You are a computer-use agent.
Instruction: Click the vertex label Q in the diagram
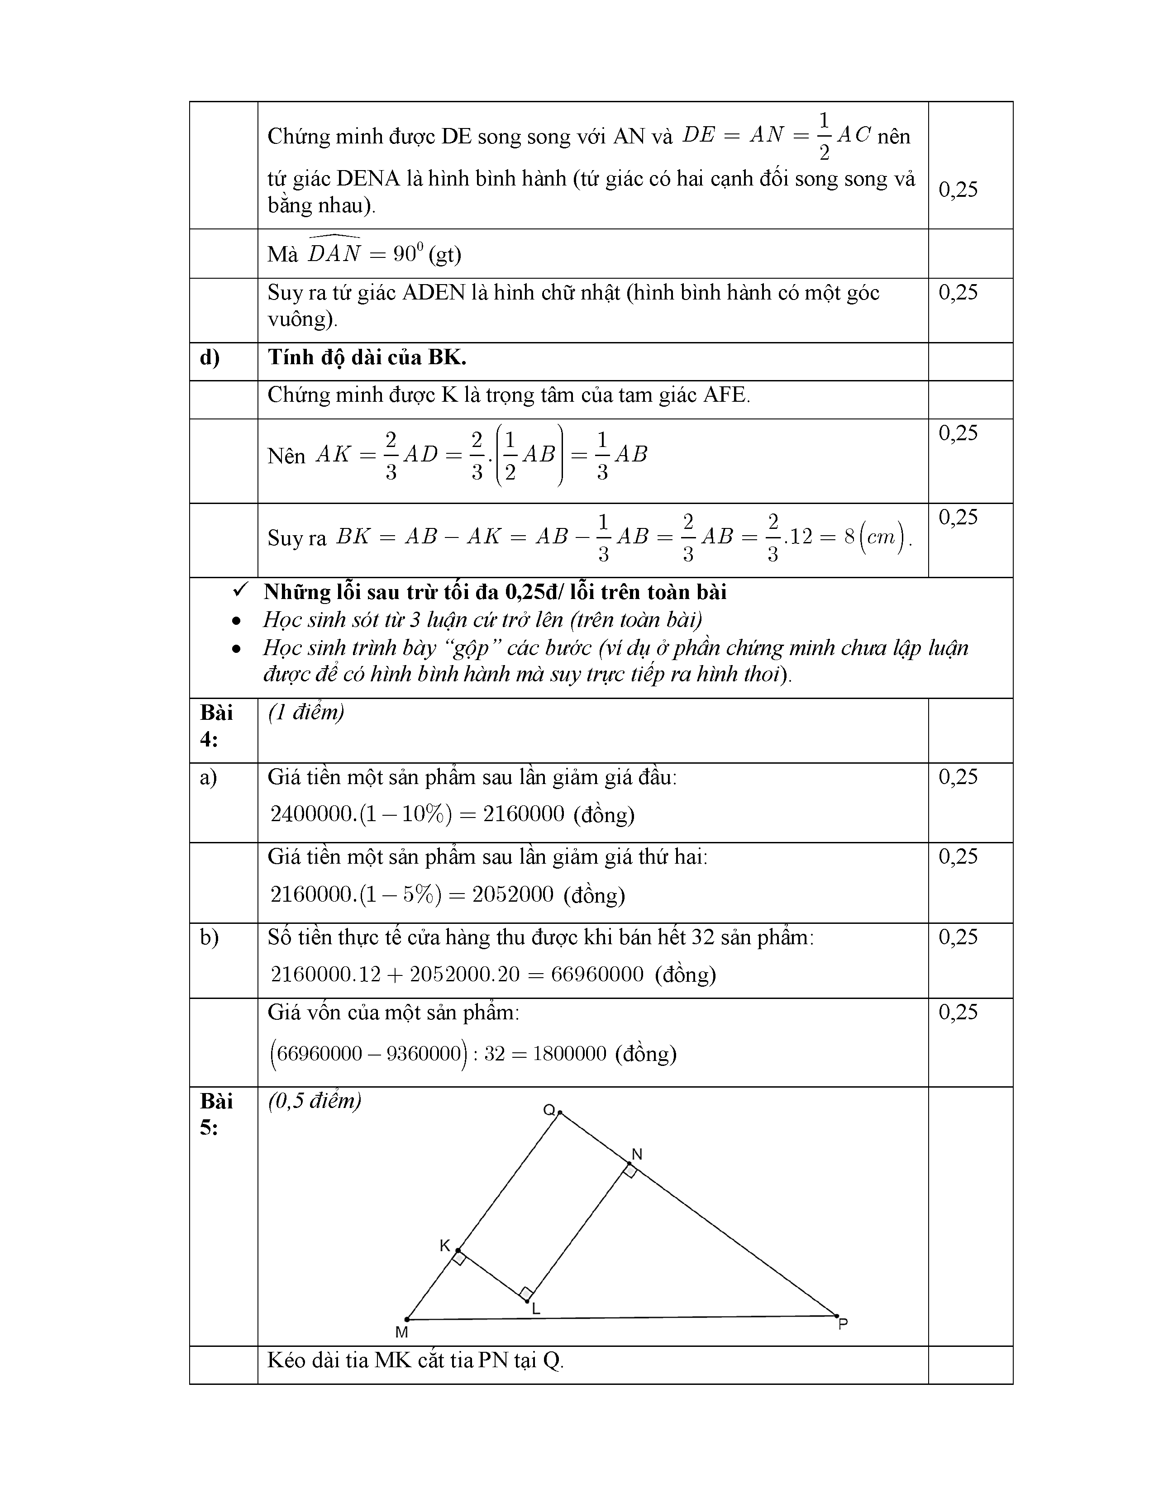click(x=549, y=1109)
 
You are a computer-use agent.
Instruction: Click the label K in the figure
click(x=444, y=1246)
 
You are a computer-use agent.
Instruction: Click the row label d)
click(x=209, y=357)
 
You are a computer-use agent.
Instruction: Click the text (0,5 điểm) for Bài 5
click(x=315, y=1101)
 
